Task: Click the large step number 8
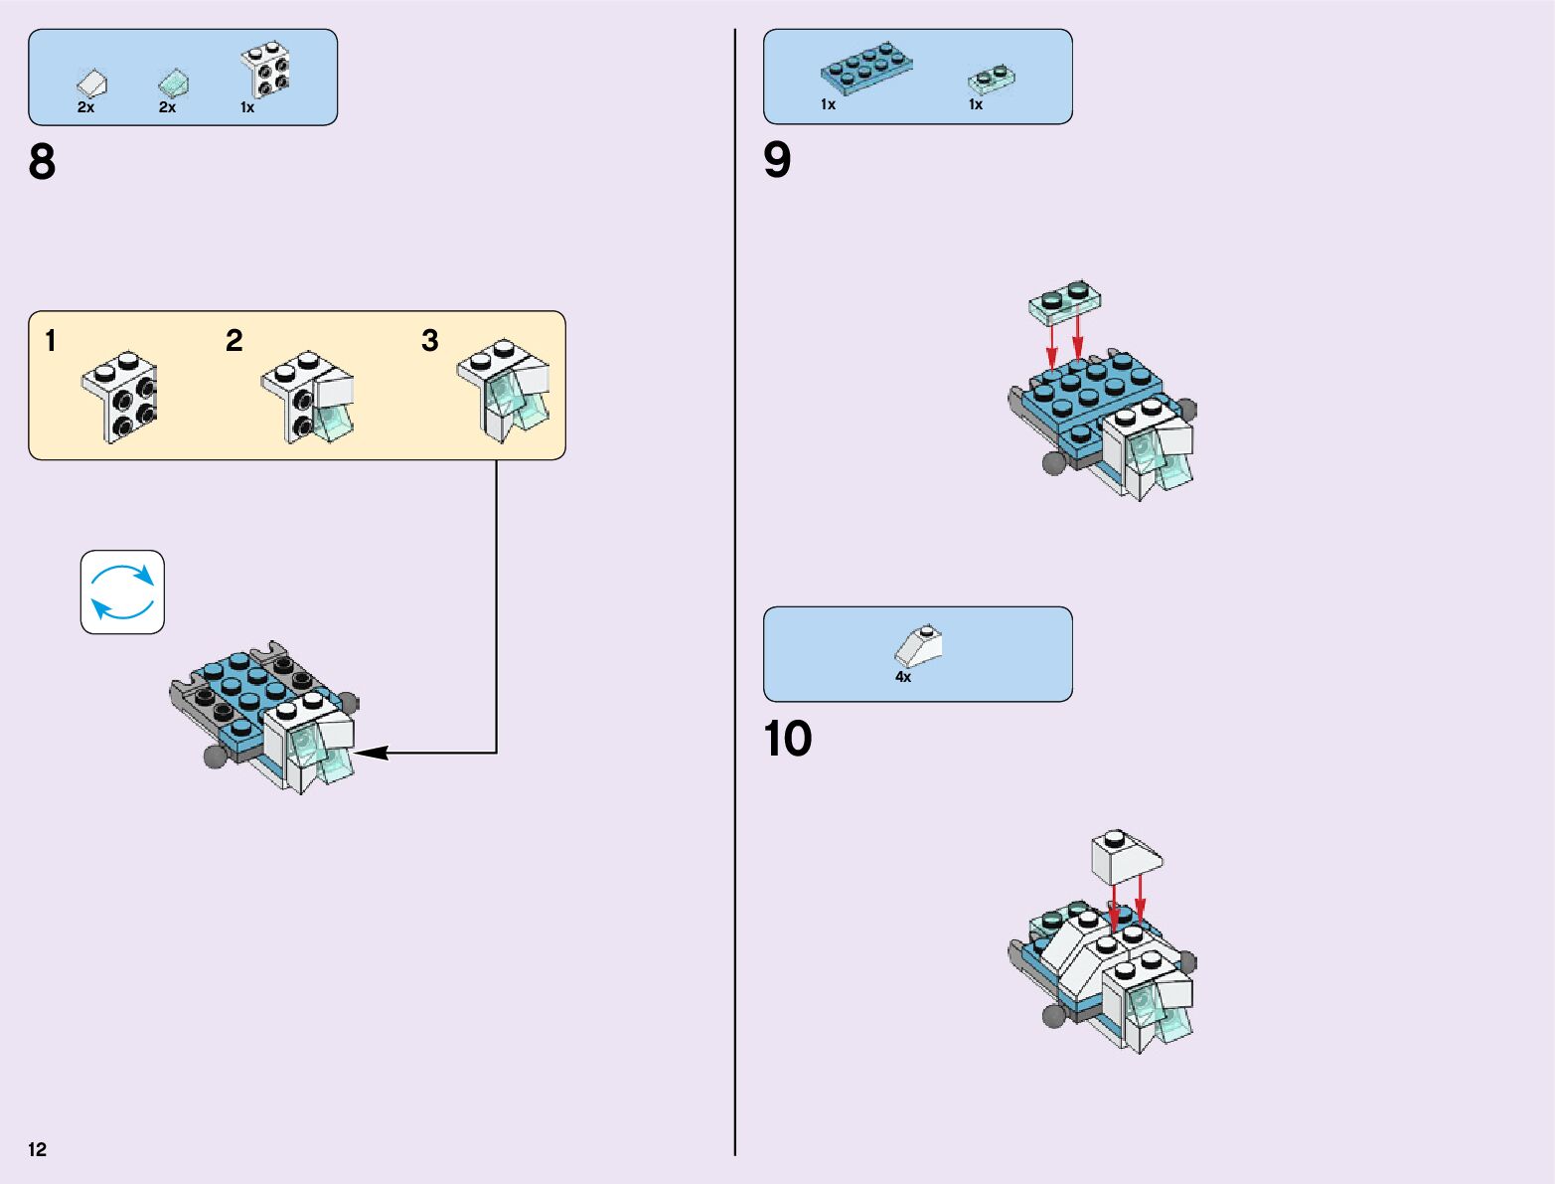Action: pyautogui.click(x=42, y=162)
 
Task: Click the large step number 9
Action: pyautogui.click(x=777, y=160)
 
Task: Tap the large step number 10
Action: pyautogui.click(x=787, y=739)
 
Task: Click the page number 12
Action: pyautogui.click(x=38, y=1149)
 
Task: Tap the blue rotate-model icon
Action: pyautogui.click(x=122, y=592)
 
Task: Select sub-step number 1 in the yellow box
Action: pyautogui.click(x=51, y=342)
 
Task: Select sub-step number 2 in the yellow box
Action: pyautogui.click(x=233, y=341)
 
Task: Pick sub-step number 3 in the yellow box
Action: pyautogui.click(x=429, y=341)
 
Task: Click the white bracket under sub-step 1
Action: pyautogui.click(x=119, y=396)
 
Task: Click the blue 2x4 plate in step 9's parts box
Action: pyautogui.click(x=865, y=67)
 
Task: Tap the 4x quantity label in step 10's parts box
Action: pyautogui.click(x=902, y=677)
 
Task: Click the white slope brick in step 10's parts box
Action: pyautogui.click(x=918, y=645)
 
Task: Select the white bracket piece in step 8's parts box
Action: pyautogui.click(x=265, y=70)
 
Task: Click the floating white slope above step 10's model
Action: pyautogui.click(x=1126, y=856)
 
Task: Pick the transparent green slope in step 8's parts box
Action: pyautogui.click(x=173, y=83)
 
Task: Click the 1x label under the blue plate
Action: pyautogui.click(x=828, y=104)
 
